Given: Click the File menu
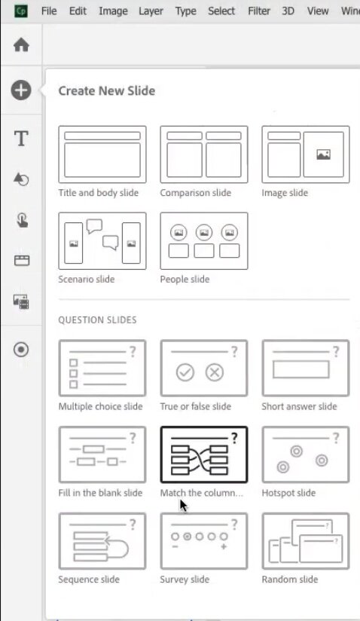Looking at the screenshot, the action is [x=49, y=11].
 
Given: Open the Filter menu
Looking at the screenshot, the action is [x=259, y=11].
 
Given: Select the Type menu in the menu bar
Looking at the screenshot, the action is [x=185, y=11].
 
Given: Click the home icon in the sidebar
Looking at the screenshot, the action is [x=21, y=44].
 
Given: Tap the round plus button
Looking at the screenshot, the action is [x=21, y=90].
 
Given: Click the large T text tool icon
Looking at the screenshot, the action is [x=21, y=139].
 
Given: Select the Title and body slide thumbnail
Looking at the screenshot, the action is [x=102, y=154].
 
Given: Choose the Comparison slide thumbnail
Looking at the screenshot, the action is [x=204, y=154].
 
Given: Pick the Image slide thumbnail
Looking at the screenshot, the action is [x=306, y=154].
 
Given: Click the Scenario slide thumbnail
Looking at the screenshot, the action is [x=102, y=241].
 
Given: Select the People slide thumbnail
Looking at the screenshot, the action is [x=204, y=241].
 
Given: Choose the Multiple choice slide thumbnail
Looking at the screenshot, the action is [x=102, y=368].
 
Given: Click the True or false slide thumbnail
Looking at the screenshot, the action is [x=204, y=368].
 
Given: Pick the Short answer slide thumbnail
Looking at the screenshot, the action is [x=306, y=368].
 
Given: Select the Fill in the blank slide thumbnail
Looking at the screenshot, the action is [x=102, y=454].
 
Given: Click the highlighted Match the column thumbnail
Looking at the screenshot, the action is [x=204, y=454].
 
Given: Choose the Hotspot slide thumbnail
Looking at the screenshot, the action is [x=306, y=454].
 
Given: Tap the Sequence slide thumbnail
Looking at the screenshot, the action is [x=102, y=541].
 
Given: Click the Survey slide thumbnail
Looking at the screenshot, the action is [x=204, y=541].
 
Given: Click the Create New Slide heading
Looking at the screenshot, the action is [x=107, y=90].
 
